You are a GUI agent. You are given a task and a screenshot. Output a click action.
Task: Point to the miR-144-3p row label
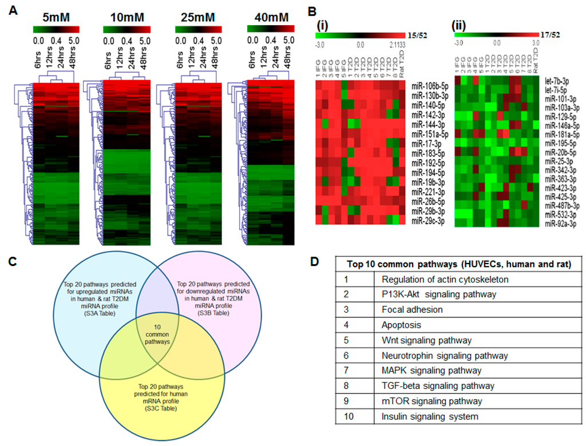click(x=429, y=124)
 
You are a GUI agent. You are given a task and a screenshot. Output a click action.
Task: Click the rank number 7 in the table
click(x=347, y=371)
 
